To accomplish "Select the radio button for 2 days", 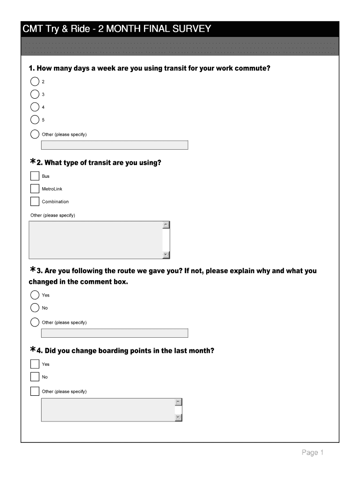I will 35,81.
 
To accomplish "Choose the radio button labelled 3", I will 35,94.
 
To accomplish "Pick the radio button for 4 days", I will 35,107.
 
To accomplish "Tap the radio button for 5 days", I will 35,120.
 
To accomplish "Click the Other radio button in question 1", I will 35,134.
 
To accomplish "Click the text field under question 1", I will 115,145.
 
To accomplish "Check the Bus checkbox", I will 35,176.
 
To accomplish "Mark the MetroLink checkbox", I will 35,189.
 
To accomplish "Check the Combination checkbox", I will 35,202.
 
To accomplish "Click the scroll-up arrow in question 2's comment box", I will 166,225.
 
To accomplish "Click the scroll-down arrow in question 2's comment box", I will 166,255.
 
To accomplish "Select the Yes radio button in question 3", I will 35,295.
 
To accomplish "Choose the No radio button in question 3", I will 35,308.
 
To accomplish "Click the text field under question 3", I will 115,333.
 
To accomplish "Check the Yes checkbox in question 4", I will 35,364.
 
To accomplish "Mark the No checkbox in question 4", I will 35,377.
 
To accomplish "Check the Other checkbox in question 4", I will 35,391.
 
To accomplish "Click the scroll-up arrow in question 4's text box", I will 178,402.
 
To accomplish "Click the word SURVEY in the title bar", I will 192,29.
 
